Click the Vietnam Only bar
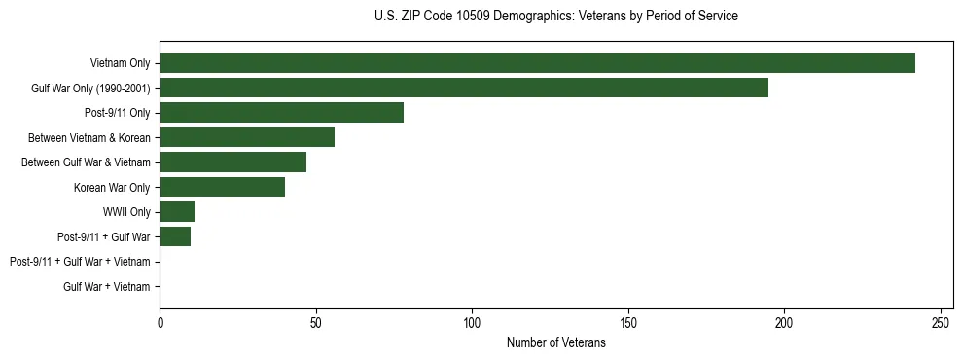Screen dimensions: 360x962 537,63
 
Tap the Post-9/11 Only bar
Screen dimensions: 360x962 281,113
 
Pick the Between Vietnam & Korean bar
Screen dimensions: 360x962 247,137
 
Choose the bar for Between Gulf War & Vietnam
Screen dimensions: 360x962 232,162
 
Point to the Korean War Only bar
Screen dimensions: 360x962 222,187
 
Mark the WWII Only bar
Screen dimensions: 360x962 177,212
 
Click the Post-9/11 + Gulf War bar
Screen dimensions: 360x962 175,236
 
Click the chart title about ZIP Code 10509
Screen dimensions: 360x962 555,17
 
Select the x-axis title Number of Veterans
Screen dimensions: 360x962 555,342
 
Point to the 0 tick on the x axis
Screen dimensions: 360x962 160,322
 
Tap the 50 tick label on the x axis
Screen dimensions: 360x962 316,322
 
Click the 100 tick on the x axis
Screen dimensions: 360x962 472,322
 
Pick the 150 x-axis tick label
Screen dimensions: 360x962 628,322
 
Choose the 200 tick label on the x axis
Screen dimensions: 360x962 784,322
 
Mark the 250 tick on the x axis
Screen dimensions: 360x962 941,322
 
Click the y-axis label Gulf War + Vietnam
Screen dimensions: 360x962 107,287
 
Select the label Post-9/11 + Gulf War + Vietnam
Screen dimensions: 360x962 80,262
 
